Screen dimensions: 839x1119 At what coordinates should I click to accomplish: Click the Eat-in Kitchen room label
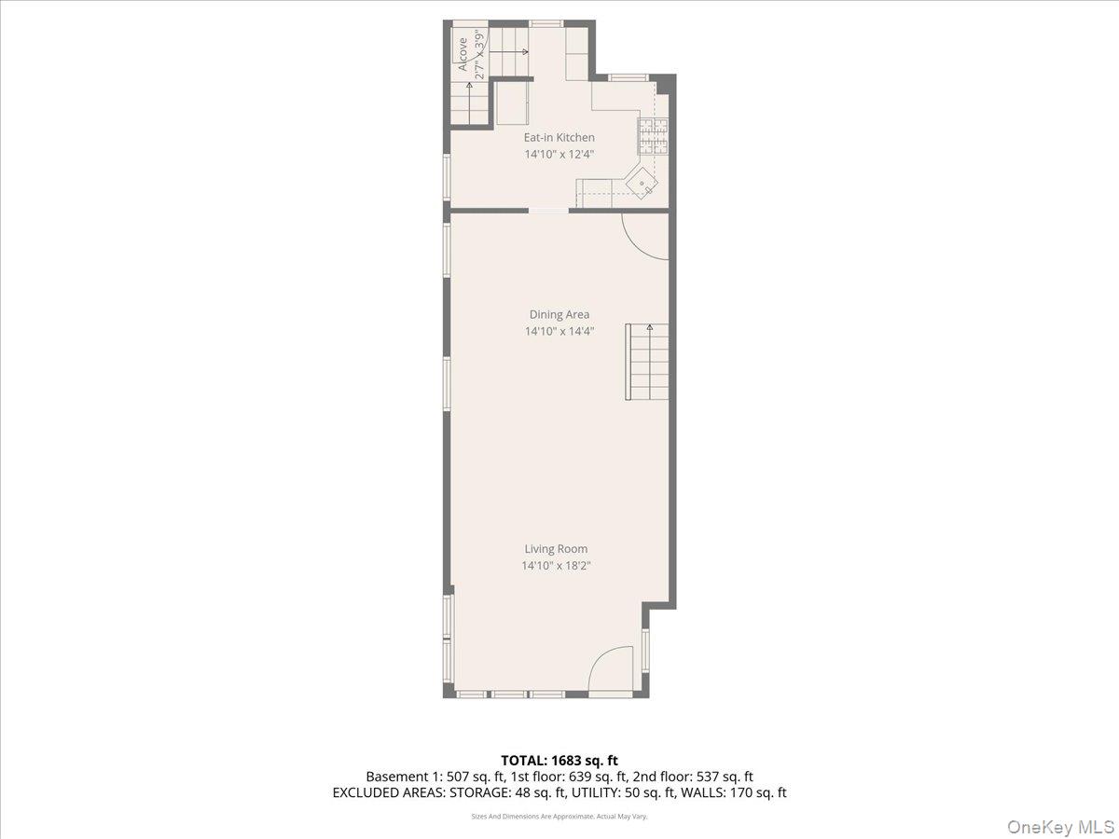[559, 138]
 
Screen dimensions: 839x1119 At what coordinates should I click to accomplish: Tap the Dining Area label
[559, 315]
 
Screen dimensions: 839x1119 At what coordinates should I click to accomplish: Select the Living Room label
[556, 549]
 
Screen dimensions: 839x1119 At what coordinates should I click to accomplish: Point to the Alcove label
[462, 53]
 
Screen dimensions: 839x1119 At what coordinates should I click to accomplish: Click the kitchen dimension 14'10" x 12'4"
[559, 154]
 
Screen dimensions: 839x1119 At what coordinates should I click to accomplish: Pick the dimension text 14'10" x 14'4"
[559, 331]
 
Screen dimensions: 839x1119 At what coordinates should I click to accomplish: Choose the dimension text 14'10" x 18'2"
[556, 565]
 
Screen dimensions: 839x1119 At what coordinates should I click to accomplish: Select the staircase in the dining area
[647, 362]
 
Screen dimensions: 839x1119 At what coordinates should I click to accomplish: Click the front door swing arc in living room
[612, 671]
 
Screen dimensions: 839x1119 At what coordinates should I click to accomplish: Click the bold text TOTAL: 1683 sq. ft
[559, 760]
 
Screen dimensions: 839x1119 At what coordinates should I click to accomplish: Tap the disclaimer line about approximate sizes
[559, 816]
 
